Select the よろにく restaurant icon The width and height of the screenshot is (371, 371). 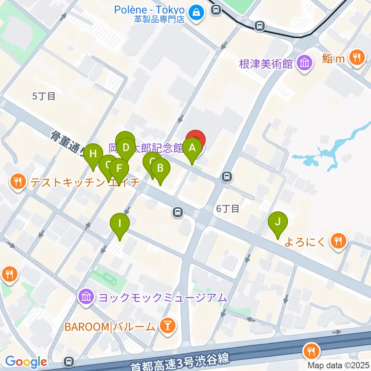338,242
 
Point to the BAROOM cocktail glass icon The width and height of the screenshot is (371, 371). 168,327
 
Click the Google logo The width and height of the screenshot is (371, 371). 26,362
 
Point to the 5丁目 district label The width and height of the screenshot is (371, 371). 44,96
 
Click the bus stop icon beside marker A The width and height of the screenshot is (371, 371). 227,177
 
